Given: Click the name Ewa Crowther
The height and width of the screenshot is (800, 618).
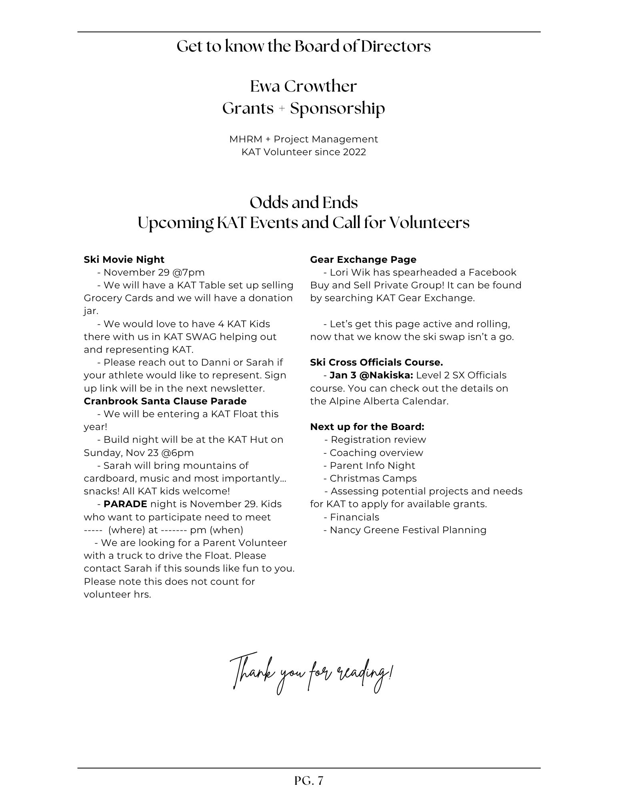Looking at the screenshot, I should click(303, 86).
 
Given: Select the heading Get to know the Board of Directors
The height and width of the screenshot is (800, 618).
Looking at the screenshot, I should click(304, 46).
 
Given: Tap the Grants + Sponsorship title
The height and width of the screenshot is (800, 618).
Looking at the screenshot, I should click(304, 108).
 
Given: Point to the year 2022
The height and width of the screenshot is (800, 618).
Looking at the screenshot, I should click(354, 152).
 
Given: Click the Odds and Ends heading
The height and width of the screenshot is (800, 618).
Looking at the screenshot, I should click(304, 202).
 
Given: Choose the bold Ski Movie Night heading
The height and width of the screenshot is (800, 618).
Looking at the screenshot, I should click(124, 260).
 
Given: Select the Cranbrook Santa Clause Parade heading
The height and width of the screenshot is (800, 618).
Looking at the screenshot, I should click(165, 401).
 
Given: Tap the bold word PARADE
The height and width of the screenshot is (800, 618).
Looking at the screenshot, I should click(125, 504).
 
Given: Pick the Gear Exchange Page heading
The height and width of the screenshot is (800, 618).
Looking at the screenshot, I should click(363, 260).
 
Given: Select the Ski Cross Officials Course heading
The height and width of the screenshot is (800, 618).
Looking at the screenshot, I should click(376, 362).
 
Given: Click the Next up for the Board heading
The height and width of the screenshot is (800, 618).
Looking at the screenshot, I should click(367, 427).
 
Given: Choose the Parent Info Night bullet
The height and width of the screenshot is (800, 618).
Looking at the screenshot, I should click(372, 466).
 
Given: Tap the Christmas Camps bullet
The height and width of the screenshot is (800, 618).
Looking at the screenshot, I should click(373, 478).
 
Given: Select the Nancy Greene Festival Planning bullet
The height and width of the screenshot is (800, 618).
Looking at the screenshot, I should click(408, 530).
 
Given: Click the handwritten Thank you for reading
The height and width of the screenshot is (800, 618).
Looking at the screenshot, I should click(311, 673).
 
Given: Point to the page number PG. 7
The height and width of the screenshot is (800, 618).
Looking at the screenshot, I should click(308, 781).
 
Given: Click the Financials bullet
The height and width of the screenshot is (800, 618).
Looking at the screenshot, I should click(354, 517).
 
